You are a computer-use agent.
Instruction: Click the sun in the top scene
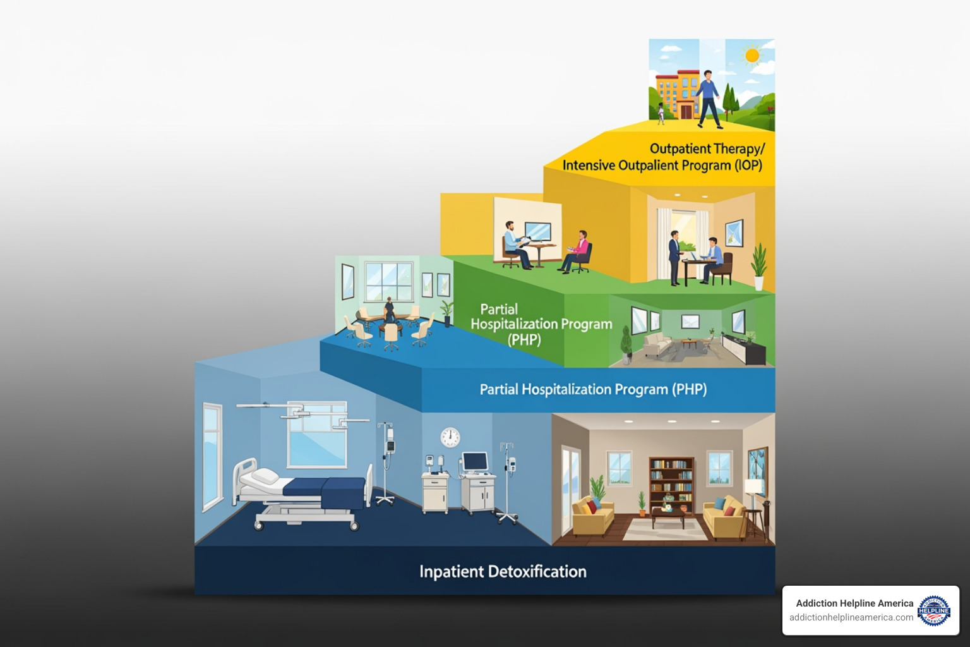coord(751,56)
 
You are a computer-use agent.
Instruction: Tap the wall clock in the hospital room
coord(450,437)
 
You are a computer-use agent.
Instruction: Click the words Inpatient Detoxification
coord(503,572)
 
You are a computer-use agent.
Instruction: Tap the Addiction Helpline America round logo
coord(934,610)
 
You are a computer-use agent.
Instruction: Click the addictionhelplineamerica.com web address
coord(851,617)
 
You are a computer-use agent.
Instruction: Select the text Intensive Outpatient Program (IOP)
coord(662,166)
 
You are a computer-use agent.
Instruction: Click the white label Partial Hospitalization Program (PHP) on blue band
coord(593,389)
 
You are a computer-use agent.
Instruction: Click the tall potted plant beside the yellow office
coord(758,265)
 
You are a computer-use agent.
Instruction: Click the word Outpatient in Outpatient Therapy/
coord(680,149)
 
